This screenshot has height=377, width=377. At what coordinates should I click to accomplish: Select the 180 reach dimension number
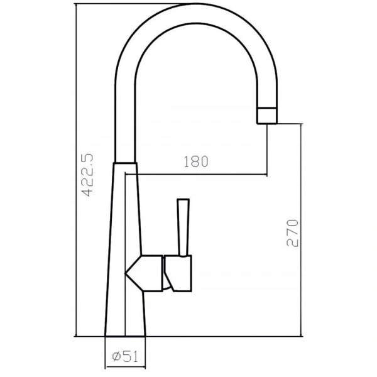[x=195, y=161]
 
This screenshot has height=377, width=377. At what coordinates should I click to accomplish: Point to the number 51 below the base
[x=131, y=357]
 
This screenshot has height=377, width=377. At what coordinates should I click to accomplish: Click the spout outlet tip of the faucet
[x=268, y=116]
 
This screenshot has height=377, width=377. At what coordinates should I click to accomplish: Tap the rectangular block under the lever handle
[x=179, y=274]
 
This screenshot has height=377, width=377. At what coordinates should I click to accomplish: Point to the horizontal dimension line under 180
[x=201, y=174]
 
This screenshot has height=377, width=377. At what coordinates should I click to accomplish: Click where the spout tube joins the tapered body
[x=126, y=161]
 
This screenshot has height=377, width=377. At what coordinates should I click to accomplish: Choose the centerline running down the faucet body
[x=126, y=251]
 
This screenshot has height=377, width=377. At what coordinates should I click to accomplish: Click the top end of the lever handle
[x=184, y=201]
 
